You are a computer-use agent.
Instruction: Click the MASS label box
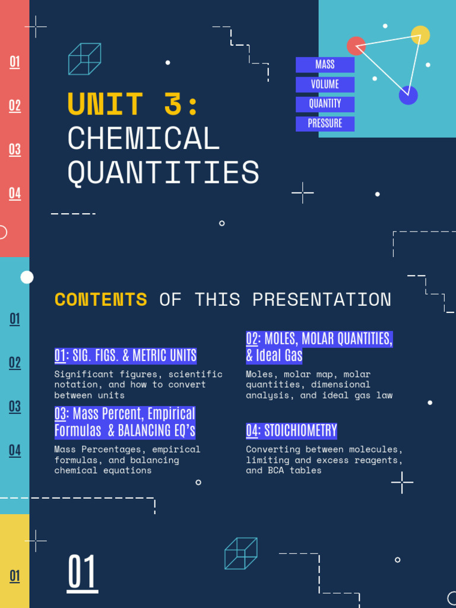325,65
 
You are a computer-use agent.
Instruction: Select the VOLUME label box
325,84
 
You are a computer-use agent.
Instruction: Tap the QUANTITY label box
325,104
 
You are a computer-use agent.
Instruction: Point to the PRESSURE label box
325,123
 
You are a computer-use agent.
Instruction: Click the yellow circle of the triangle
420,35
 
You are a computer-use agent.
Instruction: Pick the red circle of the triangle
356,46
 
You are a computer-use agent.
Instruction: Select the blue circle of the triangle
408,95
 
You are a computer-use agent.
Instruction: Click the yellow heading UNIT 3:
133,104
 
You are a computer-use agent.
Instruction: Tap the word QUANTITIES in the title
163,173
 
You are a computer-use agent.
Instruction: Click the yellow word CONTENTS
101,299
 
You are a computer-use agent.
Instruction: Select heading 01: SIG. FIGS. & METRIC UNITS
125,356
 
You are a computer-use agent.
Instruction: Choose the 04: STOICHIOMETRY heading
292,430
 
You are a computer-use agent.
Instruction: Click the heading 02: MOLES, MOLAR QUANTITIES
319,339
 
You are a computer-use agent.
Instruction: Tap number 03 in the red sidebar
15,149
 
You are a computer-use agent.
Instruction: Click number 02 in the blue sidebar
15,363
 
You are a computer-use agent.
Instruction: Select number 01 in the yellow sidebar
15,576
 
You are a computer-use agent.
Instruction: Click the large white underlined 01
82,572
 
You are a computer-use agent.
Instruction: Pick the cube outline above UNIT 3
84,59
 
